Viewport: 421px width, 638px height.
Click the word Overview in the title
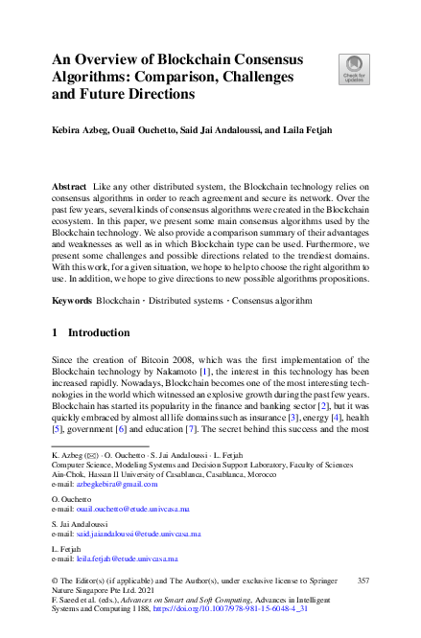[x=116, y=57]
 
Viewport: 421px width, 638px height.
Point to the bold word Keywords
[x=74, y=300]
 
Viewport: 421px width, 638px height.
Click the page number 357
[x=363, y=581]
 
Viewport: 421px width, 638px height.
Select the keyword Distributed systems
[x=183, y=300]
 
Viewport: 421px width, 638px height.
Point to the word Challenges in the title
[x=248, y=76]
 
